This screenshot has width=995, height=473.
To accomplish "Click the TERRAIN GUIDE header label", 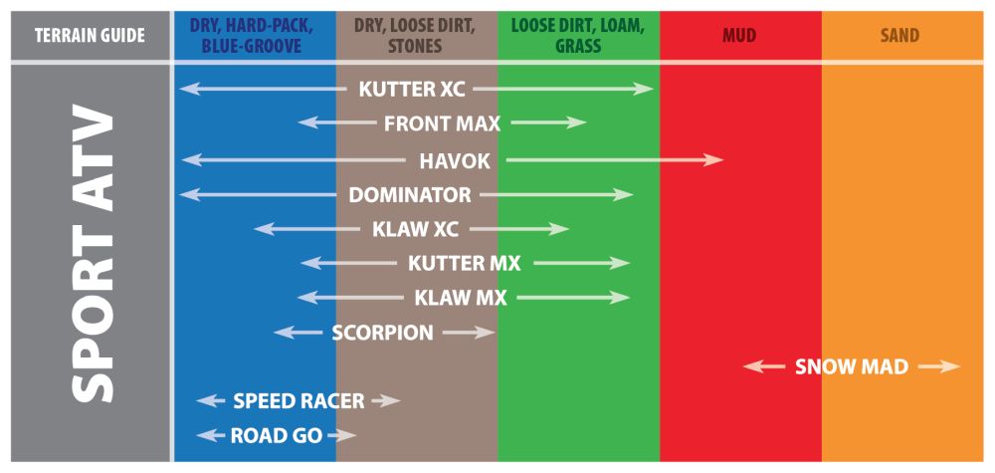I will [x=90, y=36].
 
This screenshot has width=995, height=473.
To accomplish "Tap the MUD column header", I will [x=739, y=36].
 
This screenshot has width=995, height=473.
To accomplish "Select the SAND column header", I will [x=900, y=36].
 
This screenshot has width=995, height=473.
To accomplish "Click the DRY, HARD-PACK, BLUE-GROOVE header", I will [x=254, y=36].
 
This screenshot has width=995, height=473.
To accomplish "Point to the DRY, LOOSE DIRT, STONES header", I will [x=417, y=36].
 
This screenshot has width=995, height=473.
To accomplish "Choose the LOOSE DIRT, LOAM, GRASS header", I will [x=578, y=36].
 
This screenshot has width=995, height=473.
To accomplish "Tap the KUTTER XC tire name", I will [x=412, y=89].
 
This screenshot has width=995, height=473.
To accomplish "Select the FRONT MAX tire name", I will [x=442, y=123].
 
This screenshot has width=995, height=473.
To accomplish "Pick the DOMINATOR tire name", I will [x=410, y=194].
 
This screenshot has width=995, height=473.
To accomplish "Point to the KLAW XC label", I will [x=416, y=229].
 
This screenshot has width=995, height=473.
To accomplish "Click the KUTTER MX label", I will [x=465, y=264].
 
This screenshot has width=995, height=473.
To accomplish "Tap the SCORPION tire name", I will [x=382, y=333].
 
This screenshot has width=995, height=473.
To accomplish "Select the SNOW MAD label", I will [x=852, y=366].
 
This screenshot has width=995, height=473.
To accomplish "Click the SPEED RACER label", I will [x=298, y=401].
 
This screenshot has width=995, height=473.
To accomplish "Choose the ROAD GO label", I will [x=277, y=435].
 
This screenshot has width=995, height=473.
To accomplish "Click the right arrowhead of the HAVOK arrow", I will [x=715, y=159].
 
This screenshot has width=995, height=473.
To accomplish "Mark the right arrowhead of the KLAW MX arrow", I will [x=623, y=298].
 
